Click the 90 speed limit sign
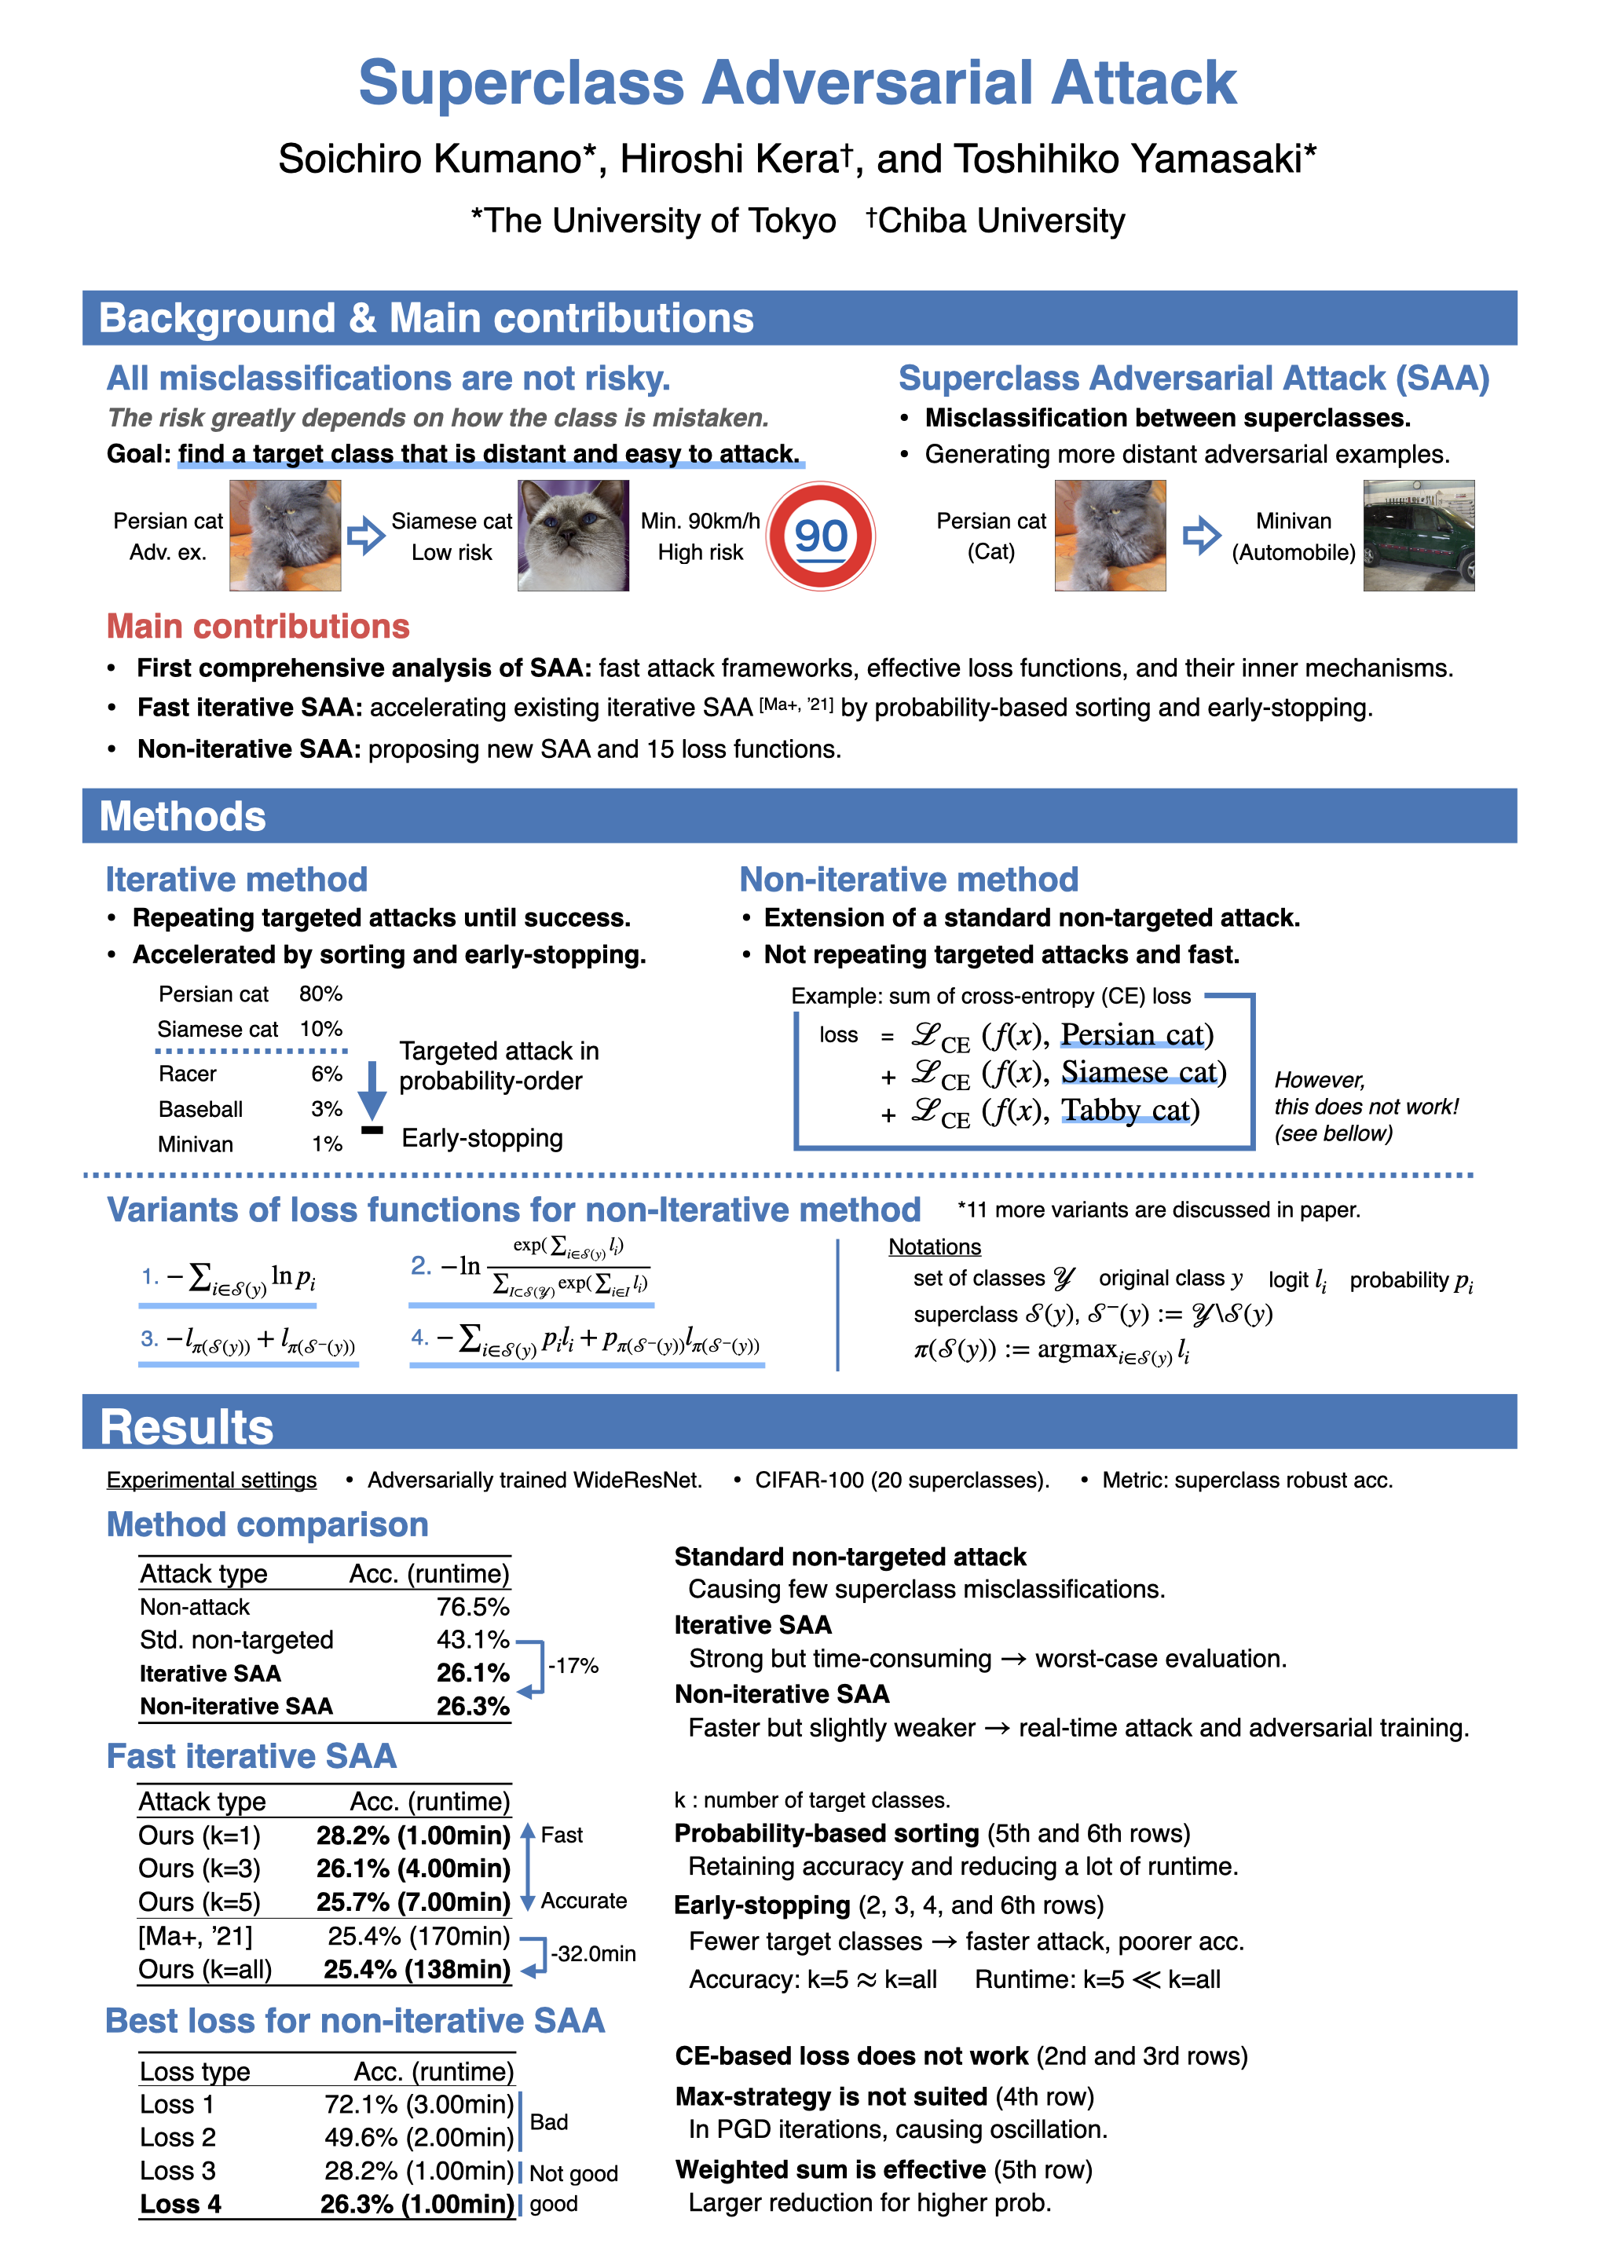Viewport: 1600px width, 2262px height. [x=820, y=535]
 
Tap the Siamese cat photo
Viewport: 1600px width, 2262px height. [x=573, y=535]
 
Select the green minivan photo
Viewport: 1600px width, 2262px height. [x=1418, y=535]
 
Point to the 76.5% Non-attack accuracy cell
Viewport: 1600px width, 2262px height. [x=473, y=1607]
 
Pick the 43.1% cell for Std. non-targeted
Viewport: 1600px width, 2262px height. [x=473, y=1639]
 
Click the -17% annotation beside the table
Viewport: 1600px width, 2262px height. [x=573, y=1666]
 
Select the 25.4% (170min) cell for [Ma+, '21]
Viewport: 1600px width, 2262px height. [x=419, y=1936]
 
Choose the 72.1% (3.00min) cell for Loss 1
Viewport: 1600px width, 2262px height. [x=419, y=2104]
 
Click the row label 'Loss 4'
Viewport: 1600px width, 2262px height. [x=181, y=2204]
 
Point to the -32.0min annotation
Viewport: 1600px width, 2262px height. [x=593, y=1953]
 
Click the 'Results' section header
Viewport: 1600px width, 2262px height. [x=187, y=1426]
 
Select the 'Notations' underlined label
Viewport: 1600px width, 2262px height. [x=934, y=1247]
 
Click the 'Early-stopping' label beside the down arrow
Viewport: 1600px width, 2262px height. [x=481, y=1138]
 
